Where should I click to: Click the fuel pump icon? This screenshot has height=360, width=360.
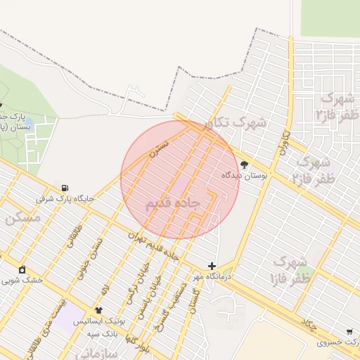pyautogui.click(x=65, y=188)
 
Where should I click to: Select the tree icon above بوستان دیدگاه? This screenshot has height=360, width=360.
pyautogui.click(x=244, y=165)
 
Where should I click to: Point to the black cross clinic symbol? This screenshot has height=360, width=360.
pyautogui.click(x=212, y=266)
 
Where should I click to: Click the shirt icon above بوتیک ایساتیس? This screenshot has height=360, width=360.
pyautogui.click(x=98, y=310)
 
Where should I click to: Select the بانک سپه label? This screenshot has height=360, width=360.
pyautogui.click(x=98, y=333)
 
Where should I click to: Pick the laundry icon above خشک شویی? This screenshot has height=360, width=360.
pyautogui.click(x=22, y=269)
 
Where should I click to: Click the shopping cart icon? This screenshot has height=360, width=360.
pyautogui.click(x=349, y=332)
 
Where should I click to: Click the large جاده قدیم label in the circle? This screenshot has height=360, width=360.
pyautogui.click(x=173, y=203)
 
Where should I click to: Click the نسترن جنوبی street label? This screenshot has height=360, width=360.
pyautogui.click(x=93, y=254)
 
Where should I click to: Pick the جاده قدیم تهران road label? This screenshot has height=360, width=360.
pyautogui.click(x=154, y=247)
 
